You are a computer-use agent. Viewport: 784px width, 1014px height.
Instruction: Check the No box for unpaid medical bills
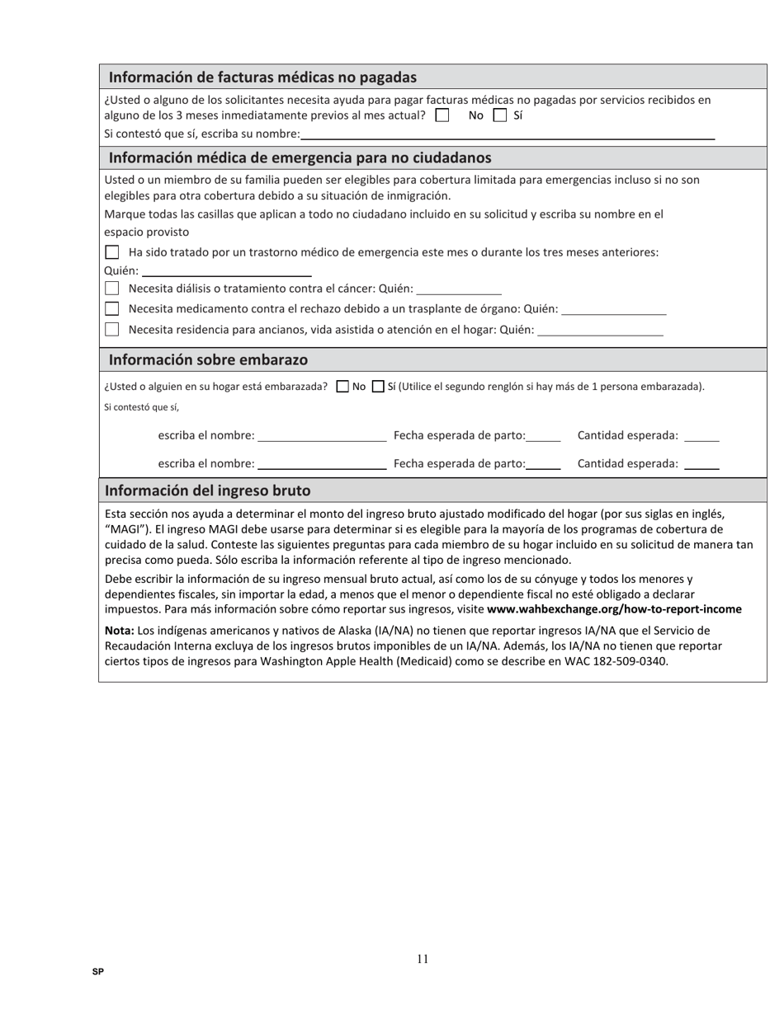pyautogui.click(x=442, y=115)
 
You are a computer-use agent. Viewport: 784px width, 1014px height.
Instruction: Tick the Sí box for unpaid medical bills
pyautogui.click(x=500, y=115)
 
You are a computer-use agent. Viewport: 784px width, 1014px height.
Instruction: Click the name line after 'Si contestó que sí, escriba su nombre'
pyautogui.click(x=508, y=134)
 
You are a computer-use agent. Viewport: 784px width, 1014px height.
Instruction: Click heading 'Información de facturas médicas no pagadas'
pyautogui.click(x=262, y=77)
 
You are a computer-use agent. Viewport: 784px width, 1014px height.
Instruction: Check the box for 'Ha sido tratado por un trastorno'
pyautogui.click(x=112, y=252)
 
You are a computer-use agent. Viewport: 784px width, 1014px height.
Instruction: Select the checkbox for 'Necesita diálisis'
pyautogui.click(x=112, y=289)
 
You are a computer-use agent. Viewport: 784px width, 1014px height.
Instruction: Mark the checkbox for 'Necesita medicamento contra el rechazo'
pyautogui.click(x=112, y=309)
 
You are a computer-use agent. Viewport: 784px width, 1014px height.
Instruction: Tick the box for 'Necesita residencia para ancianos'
pyautogui.click(x=112, y=330)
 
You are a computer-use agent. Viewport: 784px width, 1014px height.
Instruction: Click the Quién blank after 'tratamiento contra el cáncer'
pyautogui.click(x=459, y=289)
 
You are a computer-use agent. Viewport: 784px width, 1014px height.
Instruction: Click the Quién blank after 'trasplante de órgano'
pyautogui.click(x=613, y=309)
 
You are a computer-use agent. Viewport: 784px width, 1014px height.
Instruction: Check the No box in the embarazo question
pyautogui.click(x=343, y=387)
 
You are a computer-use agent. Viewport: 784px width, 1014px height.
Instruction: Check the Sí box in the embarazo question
pyautogui.click(x=379, y=387)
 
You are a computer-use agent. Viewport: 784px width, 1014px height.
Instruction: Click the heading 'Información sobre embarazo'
pyautogui.click(x=208, y=360)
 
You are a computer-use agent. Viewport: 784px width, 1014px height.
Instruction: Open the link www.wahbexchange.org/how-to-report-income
pyautogui.click(x=614, y=609)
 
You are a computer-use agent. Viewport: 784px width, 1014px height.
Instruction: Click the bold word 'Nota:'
pyautogui.click(x=120, y=631)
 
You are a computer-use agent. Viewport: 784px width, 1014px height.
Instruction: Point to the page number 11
pyautogui.click(x=423, y=958)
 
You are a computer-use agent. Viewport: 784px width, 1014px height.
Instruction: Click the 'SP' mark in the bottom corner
pyautogui.click(x=98, y=972)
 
